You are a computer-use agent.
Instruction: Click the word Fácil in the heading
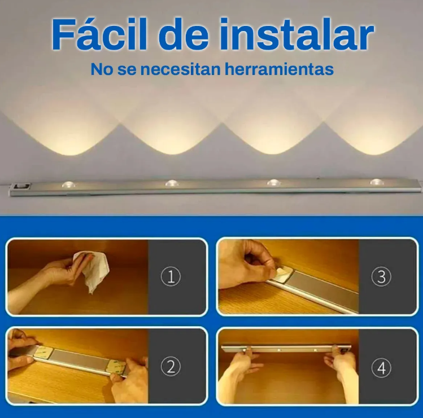pyautogui.click(x=99, y=34)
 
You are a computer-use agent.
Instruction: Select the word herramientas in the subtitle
pyautogui.click(x=279, y=69)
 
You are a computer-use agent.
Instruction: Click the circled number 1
pyautogui.click(x=171, y=276)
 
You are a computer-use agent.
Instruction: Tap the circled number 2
pyautogui.click(x=171, y=366)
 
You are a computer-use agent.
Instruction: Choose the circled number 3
pyautogui.click(x=381, y=276)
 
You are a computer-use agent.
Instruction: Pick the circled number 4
pyautogui.click(x=381, y=368)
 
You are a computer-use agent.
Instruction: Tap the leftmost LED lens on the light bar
pyautogui.click(x=68, y=184)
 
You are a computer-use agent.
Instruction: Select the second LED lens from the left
pyautogui.click(x=172, y=183)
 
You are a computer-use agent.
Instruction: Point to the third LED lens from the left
pyautogui.click(x=273, y=182)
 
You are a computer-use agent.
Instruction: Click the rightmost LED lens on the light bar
pyautogui.click(x=377, y=182)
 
